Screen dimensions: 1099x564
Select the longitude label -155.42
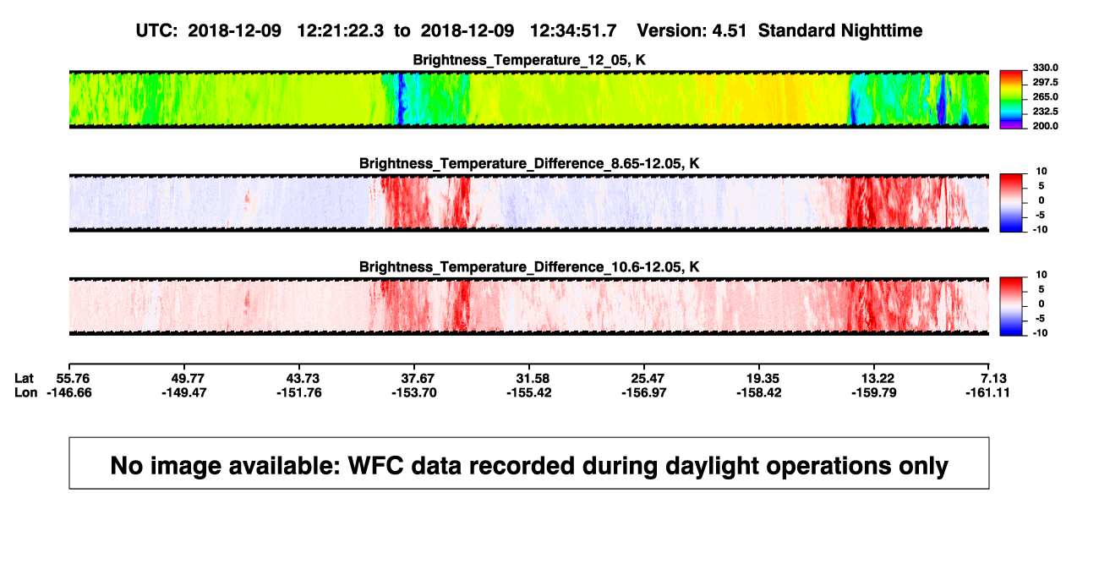point(529,392)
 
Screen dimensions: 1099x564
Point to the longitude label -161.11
point(987,392)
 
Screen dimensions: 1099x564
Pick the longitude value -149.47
point(184,392)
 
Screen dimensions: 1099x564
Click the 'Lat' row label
point(24,379)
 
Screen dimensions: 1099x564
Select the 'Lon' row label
point(25,392)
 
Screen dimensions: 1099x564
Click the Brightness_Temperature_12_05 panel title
point(529,60)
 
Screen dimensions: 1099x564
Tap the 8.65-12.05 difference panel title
point(529,163)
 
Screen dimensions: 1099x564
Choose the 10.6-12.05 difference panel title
point(529,267)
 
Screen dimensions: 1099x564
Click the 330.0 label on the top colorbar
point(1045,68)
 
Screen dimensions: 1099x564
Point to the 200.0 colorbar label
point(1045,126)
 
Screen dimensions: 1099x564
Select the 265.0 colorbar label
point(1045,96)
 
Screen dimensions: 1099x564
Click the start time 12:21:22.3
point(341,30)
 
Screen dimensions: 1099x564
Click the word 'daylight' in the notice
point(709,466)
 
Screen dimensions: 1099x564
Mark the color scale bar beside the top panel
point(1011,100)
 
